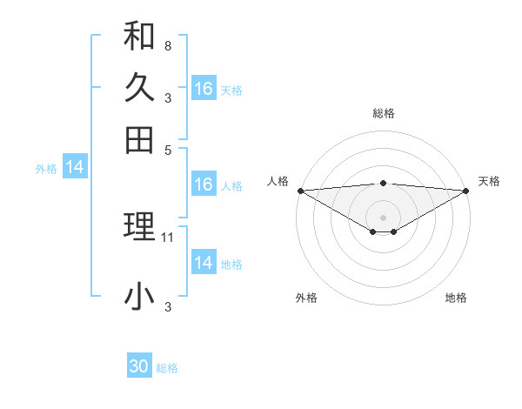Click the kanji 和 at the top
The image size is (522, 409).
tap(139, 36)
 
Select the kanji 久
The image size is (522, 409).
tap(139, 88)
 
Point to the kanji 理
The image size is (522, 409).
tap(139, 227)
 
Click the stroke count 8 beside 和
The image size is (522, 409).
tap(167, 45)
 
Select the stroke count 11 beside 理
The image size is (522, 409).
tap(169, 237)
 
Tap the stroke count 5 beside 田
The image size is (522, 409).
tap(167, 149)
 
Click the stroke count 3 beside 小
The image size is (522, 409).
tap(167, 306)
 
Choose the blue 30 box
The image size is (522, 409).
tap(139, 366)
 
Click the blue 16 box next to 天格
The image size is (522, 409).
tap(204, 89)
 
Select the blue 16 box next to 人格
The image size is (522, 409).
tap(204, 184)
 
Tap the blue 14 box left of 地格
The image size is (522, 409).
tap(204, 263)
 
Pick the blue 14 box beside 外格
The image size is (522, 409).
tap(74, 167)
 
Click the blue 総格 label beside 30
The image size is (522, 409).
tap(167, 368)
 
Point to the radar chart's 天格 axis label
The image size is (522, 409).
tap(489, 181)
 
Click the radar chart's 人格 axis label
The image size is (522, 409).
tap(278, 181)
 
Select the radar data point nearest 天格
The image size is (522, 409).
tap(467, 190)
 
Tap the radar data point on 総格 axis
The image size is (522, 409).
tap(383, 183)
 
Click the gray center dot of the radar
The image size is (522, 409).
tap(383, 216)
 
